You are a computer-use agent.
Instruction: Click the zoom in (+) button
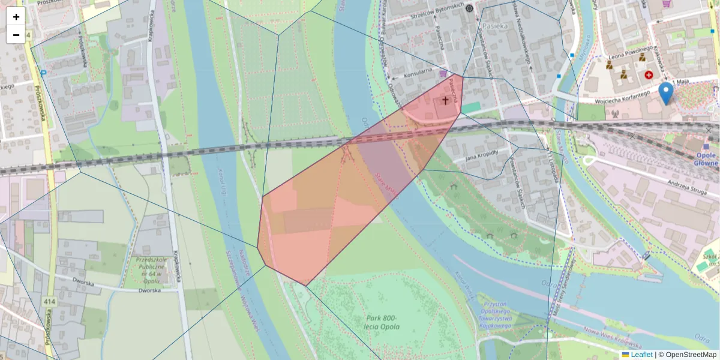coord(16,17)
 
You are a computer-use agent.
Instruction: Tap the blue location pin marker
coord(665,94)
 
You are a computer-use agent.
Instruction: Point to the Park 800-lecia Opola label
coord(382,322)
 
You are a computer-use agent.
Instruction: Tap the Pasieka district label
coord(495,26)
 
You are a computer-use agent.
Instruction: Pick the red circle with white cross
coord(649,75)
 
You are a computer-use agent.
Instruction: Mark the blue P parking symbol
coord(44,73)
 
